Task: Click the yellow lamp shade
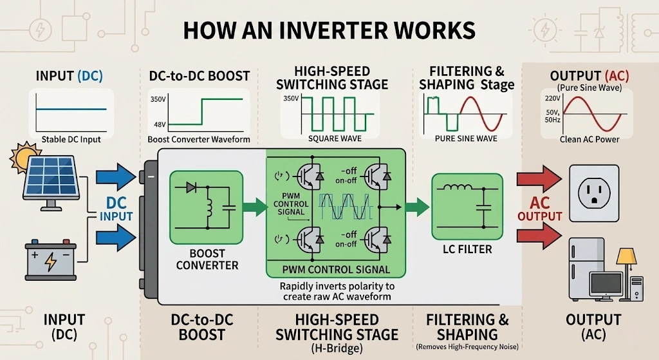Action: coord(626,257)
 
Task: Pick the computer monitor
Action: coord(607,283)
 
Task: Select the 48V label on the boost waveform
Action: coord(158,124)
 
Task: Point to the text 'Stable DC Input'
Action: coord(71,139)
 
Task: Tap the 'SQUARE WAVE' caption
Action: coord(335,138)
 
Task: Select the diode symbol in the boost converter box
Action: coord(191,187)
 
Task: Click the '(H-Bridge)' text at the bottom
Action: coord(337,348)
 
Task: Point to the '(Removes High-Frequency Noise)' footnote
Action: coord(468,348)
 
